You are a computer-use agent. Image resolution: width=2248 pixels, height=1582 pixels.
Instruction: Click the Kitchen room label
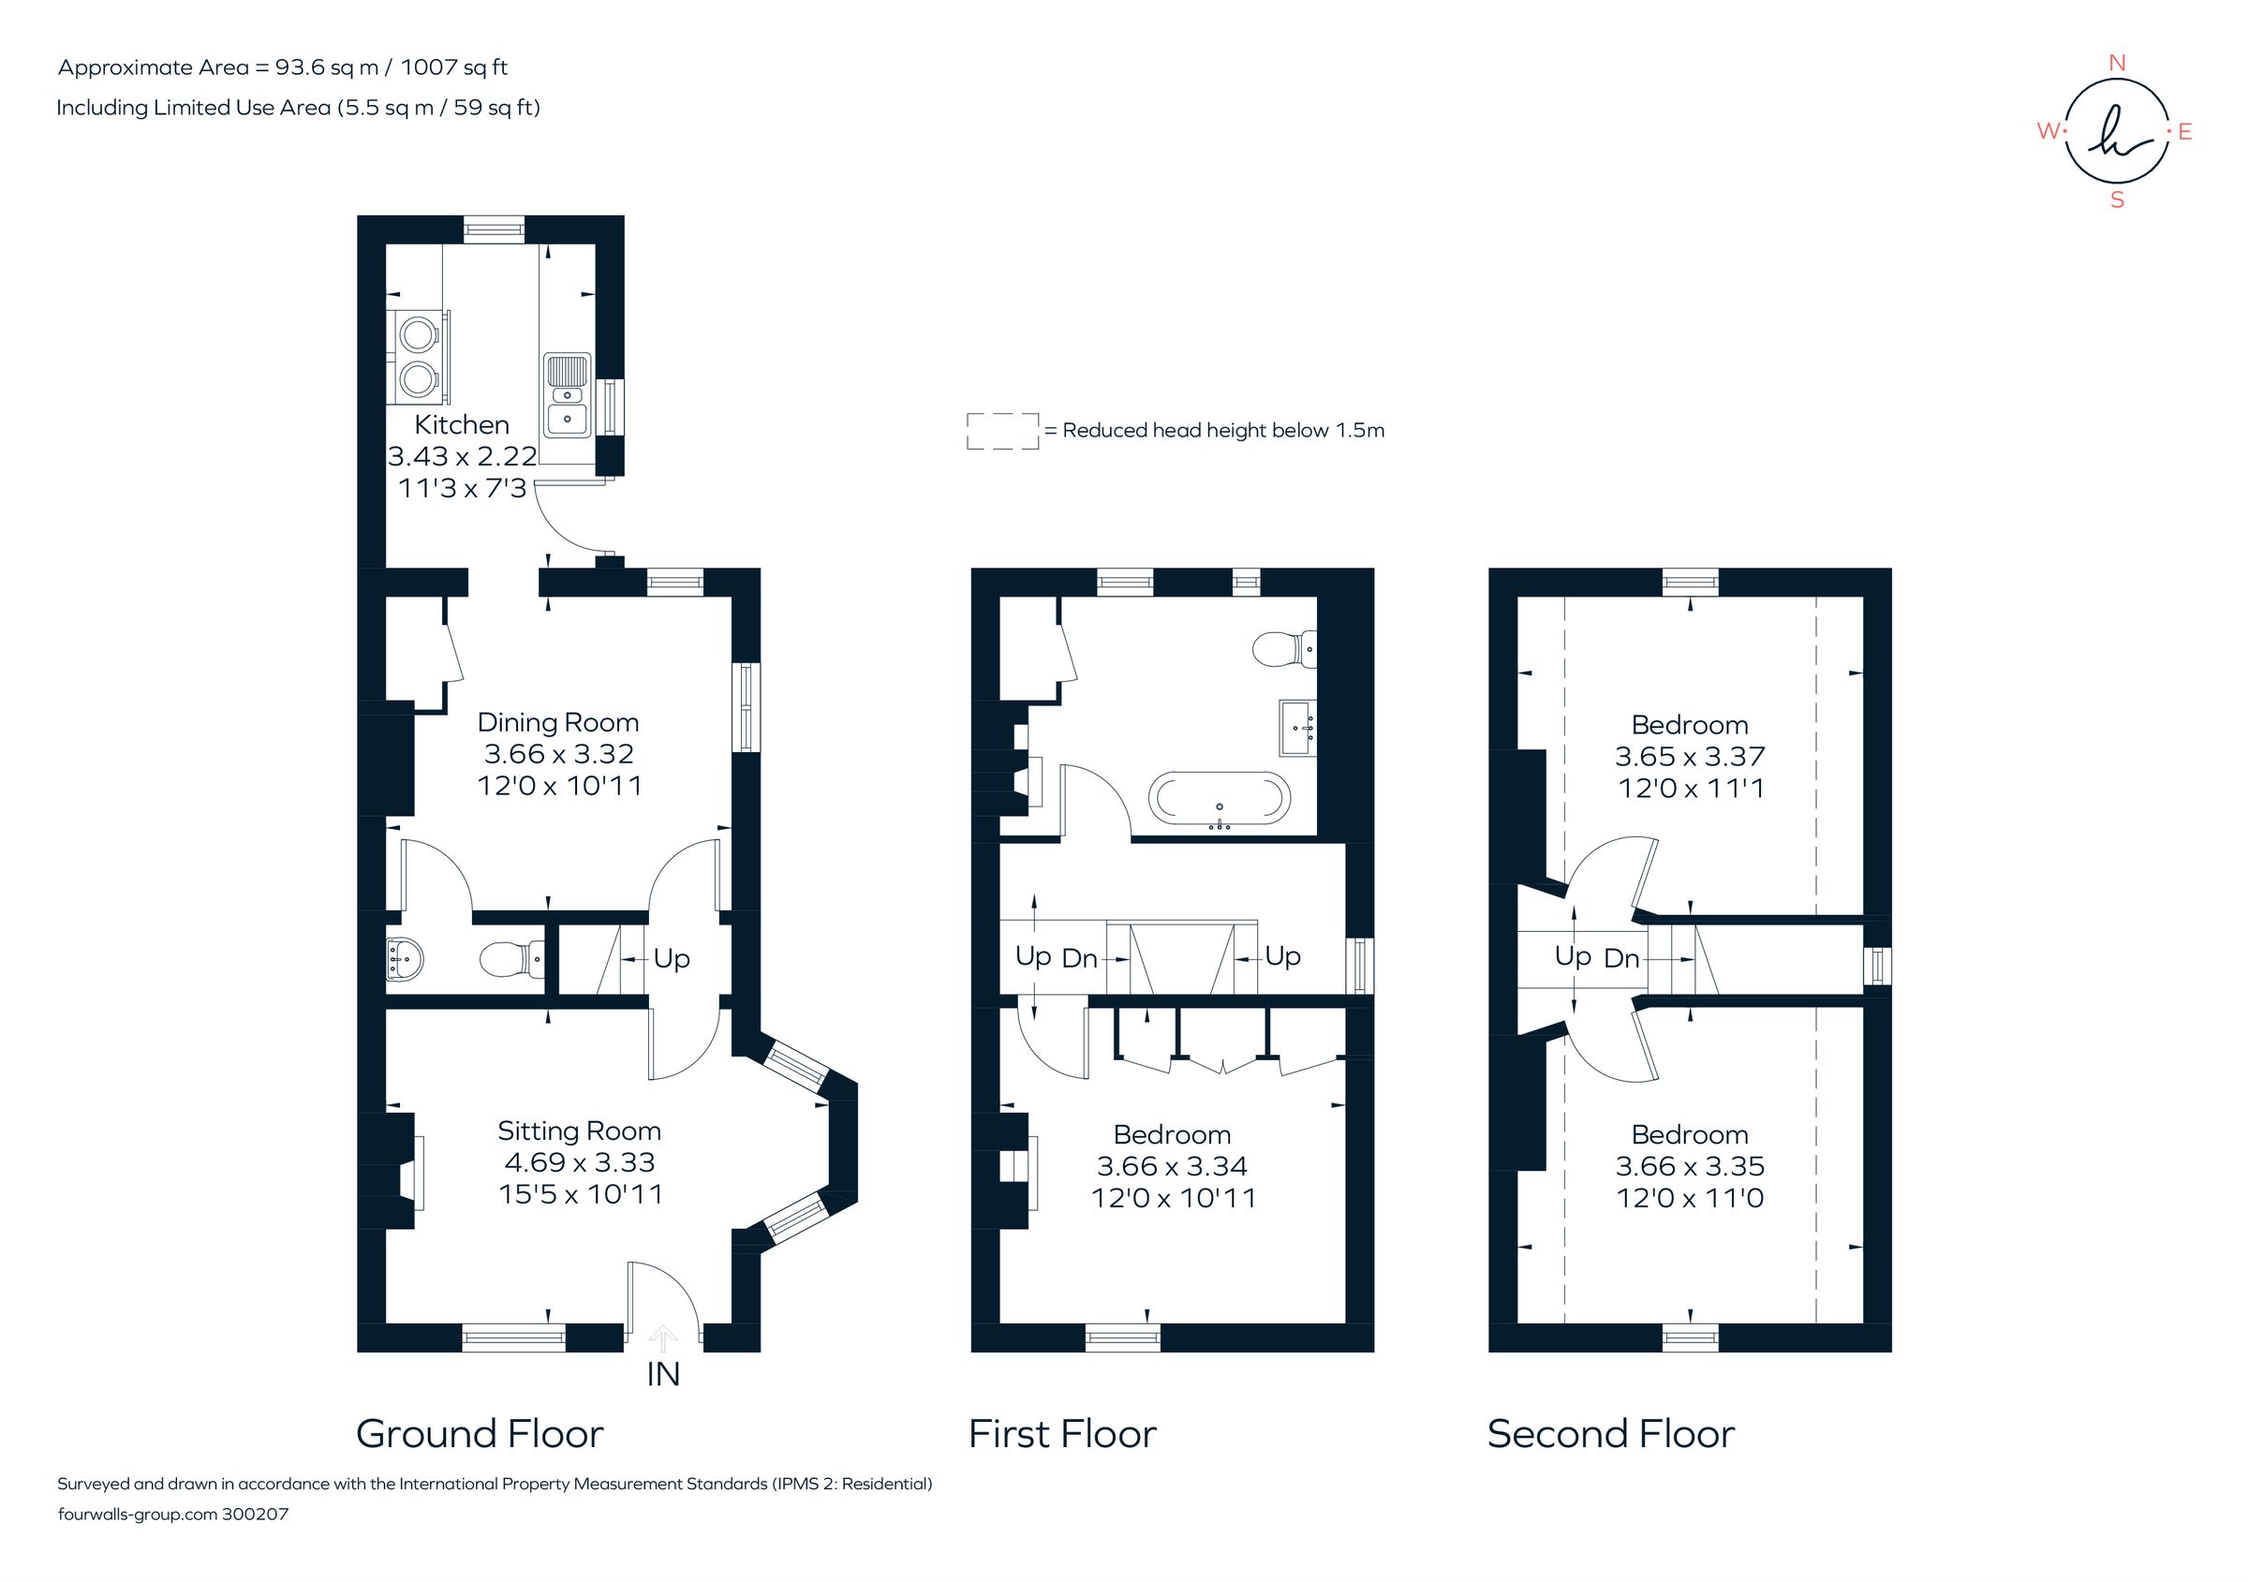(x=461, y=425)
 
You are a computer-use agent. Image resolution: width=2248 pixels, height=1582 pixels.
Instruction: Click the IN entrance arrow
(x=663, y=1338)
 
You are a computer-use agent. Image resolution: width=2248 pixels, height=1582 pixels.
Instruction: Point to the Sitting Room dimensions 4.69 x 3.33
(x=580, y=1162)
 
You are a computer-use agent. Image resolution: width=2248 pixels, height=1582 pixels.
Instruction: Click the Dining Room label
(x=557, y=722)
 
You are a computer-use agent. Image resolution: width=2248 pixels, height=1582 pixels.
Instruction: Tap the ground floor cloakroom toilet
(x=512, y=957)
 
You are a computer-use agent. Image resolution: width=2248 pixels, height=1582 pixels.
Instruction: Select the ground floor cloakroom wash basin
(x=405, y=957)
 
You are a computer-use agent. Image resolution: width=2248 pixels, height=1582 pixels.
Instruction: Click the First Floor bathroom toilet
(x=1283, y=648)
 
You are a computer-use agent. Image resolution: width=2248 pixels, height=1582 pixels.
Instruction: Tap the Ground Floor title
(x=479, y=1434)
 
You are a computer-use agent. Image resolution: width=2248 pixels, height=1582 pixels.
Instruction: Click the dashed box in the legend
(x=1002, y=431)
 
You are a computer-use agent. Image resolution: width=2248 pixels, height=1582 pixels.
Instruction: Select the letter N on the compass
(x=2116, y=63)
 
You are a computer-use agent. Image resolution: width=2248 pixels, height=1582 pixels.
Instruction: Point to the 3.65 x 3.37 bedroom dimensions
(x=1689, y=756)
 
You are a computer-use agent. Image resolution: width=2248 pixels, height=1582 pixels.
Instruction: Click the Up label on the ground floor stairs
(x=671, y=958)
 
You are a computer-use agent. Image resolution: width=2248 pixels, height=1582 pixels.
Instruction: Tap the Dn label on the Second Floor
(x=1620, y=958)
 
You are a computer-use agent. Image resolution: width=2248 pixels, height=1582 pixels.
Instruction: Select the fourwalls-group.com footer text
(x=137, y=1515)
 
